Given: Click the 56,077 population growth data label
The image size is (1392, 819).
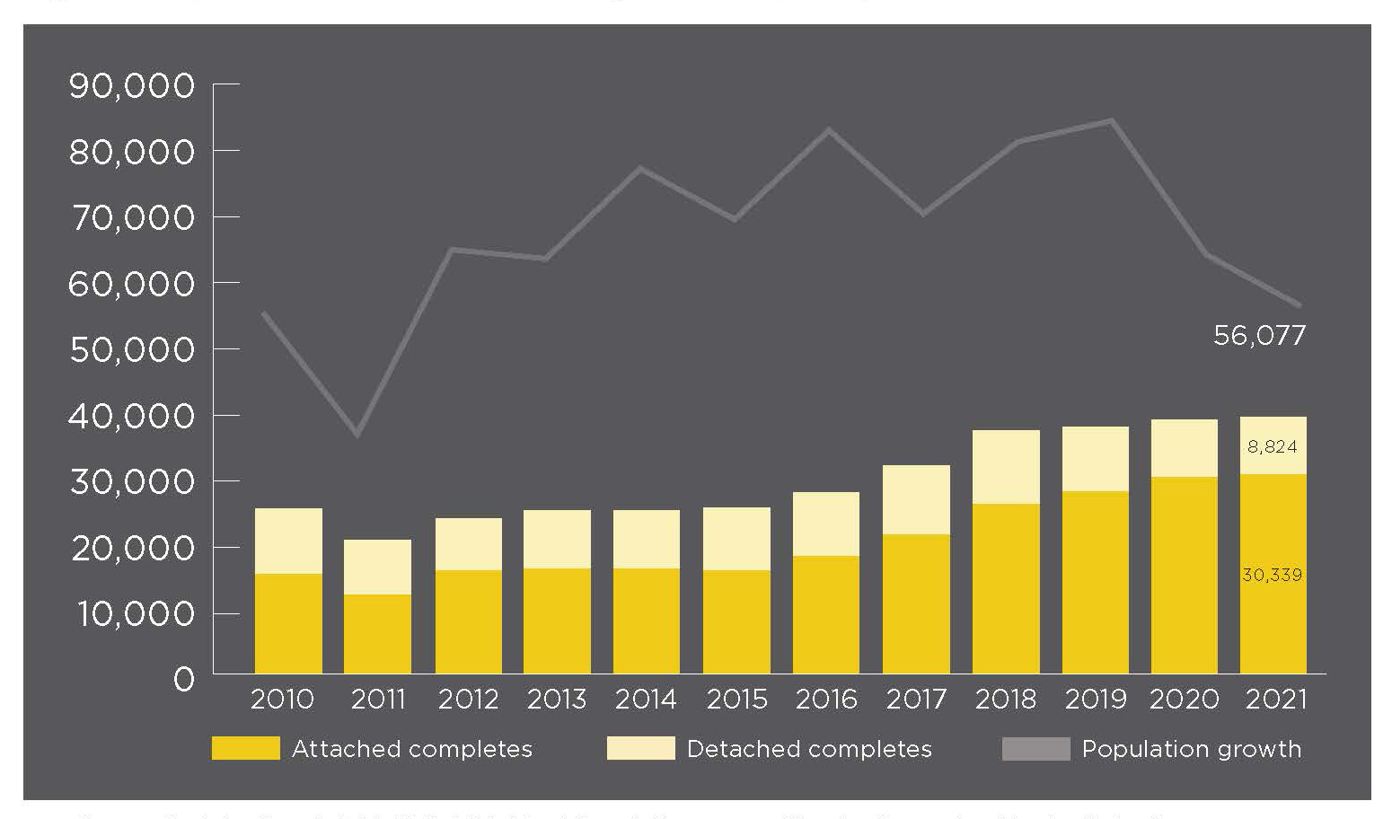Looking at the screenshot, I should click(1259, 336).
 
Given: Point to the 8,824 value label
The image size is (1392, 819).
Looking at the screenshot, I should click(1272, 446).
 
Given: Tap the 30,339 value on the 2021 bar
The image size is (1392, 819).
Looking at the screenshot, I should click(1272, 575).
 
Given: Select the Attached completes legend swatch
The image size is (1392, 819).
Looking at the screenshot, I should click(245, 748).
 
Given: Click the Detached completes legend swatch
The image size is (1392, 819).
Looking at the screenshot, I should click(640, 748).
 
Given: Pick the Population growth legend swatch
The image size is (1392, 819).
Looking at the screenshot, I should click(1035, 748).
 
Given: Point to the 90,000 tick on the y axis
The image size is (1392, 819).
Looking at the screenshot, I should click(132, 86).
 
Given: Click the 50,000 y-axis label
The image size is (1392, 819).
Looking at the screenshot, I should click(132, 349).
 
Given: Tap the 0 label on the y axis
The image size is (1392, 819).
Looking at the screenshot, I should click(183, 679).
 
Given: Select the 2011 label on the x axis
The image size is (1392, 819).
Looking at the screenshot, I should click(378, 699).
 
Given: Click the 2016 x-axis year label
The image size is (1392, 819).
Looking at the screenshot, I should click(826, 699).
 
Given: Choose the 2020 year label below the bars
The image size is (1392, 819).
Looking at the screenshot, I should click(1185, 699).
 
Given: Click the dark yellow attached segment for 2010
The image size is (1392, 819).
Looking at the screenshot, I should click(288, 623).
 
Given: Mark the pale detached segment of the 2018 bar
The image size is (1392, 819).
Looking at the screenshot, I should click(1006, 467).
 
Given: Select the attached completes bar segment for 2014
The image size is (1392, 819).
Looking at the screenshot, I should click(647, 621).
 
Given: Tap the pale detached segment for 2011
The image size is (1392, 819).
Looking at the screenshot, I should click(378, 567).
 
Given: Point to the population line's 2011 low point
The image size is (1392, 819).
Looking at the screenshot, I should click(357, 436).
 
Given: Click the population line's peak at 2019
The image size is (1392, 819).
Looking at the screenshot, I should click(1113, 120).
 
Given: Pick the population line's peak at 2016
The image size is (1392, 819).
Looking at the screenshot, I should click(828, 130).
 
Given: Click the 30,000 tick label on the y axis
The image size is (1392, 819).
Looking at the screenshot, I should click(132, 481).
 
